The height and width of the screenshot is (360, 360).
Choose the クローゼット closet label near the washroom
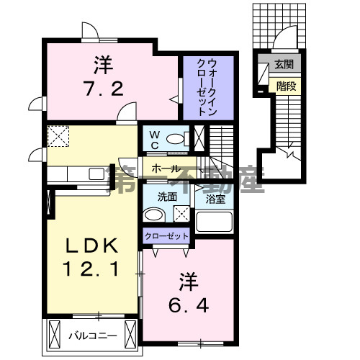(x=166, y=235)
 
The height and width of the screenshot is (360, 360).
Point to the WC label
(x=153, y=138)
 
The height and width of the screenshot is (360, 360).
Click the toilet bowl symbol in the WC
(x=174, y=139)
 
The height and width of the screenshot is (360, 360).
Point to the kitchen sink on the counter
(x=95, y=173)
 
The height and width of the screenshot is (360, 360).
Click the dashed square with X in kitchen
(x=57, y=135)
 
